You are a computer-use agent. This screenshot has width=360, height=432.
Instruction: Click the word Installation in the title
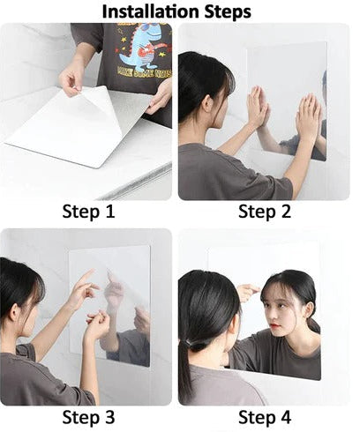[x=151, y=11]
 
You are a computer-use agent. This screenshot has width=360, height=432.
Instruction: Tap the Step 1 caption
[x=88, y=212]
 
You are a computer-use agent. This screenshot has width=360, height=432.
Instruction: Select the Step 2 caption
[x=269, y=212]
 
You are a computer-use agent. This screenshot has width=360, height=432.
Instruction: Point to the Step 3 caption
[x=88, y=417]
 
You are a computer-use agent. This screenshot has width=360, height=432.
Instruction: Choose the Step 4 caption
[x=269, y=417]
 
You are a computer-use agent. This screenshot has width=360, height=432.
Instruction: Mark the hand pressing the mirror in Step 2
[x=258, y=108]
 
